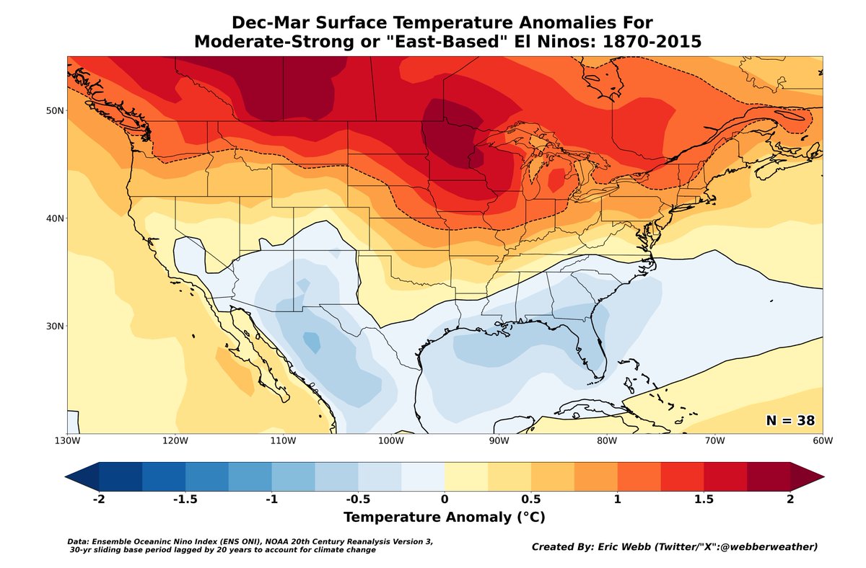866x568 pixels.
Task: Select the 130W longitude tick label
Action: (x=67, y=440)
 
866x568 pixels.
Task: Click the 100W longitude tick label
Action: (x=390, y=440)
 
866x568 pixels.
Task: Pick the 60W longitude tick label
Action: (x=822, y=440)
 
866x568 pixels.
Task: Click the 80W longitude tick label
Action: (x=606, y=440)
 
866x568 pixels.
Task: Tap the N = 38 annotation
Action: (x=790, y=420)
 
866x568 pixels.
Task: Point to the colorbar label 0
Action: (x=445, y=500)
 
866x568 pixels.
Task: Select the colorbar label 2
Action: (x=790, y=500)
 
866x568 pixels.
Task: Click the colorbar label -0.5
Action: (x=357, y=500)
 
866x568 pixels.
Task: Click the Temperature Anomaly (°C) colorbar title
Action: (x=444, y=518)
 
